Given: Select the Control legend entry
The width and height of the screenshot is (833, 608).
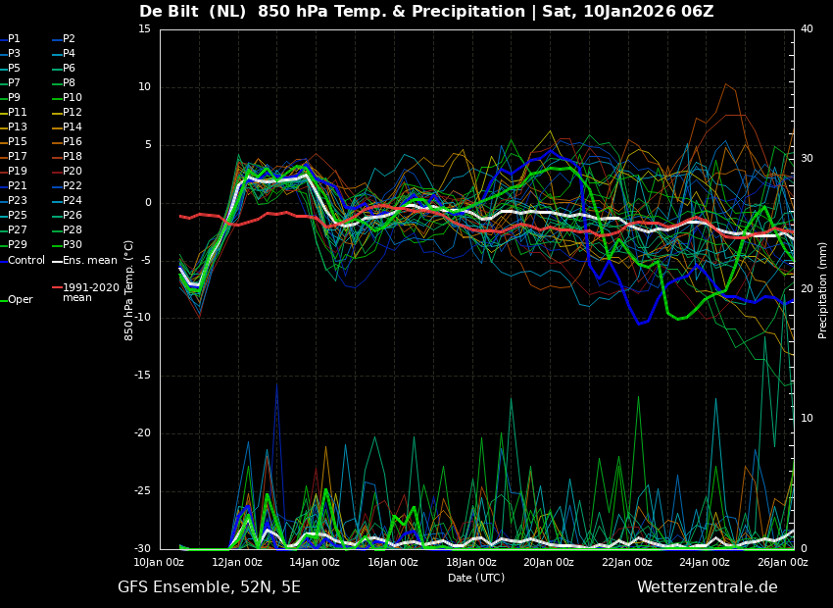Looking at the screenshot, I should [25, 260].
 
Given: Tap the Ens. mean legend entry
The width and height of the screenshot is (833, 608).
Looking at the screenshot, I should [89, 260].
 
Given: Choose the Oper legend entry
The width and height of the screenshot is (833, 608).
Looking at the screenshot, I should [20, 300].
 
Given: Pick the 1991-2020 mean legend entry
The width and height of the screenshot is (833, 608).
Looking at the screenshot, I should [90, 292].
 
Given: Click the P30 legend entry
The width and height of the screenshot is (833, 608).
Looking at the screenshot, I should [73, 245].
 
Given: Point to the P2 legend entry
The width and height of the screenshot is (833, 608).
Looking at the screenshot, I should [69, 39].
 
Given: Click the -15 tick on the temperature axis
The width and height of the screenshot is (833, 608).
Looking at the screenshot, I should [144, 376].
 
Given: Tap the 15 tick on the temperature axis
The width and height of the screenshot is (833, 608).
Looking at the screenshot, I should [144, 29].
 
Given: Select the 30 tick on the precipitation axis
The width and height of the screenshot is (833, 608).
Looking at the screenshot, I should [807, 159].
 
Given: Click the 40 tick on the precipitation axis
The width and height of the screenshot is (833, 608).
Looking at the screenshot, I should [807, 29].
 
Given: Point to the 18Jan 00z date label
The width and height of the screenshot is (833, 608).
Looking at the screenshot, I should [470, 563].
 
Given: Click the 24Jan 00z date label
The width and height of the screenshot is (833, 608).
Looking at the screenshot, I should [704, 563].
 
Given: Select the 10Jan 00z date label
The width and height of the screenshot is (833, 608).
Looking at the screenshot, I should [159, 563].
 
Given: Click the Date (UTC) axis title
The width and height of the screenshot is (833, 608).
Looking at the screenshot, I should [476, 578].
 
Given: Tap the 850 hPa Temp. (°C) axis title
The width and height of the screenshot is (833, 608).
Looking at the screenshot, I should [129, 289].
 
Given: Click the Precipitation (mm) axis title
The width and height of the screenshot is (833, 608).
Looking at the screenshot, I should [823, 289].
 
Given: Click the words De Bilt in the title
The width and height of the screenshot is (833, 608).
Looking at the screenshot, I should [171, 12].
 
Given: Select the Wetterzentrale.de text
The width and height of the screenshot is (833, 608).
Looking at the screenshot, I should [707, 587].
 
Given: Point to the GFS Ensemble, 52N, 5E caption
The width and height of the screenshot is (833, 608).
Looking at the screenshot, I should [209, 587].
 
